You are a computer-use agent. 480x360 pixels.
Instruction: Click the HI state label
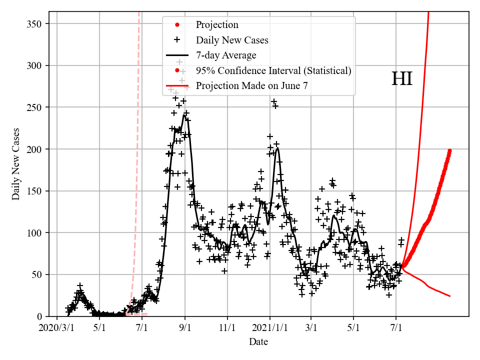[401, 79]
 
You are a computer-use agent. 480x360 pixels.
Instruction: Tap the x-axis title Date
[258, 342]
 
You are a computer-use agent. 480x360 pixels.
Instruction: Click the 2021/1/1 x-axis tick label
[269, 328]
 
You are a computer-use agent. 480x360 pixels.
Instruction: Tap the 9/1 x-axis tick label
[185, 328]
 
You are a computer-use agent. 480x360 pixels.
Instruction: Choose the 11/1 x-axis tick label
[227, 328]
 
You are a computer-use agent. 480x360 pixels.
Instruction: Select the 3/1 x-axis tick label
[310, 328]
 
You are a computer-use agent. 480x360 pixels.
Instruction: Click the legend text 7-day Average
[226, 55]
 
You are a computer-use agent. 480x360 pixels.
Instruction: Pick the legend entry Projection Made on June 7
[251, 85]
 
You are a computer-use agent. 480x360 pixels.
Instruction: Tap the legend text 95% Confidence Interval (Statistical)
[273, 70]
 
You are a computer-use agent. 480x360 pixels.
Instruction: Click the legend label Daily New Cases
[232, 40]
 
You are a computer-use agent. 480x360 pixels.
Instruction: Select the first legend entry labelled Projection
[217, 24]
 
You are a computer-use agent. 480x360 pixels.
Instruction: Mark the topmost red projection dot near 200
[449, 150]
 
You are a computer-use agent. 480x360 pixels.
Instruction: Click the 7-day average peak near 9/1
[184, 115]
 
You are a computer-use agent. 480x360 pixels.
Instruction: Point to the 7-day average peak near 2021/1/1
[277, 148]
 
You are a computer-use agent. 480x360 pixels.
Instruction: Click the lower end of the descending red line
[449, 296]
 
